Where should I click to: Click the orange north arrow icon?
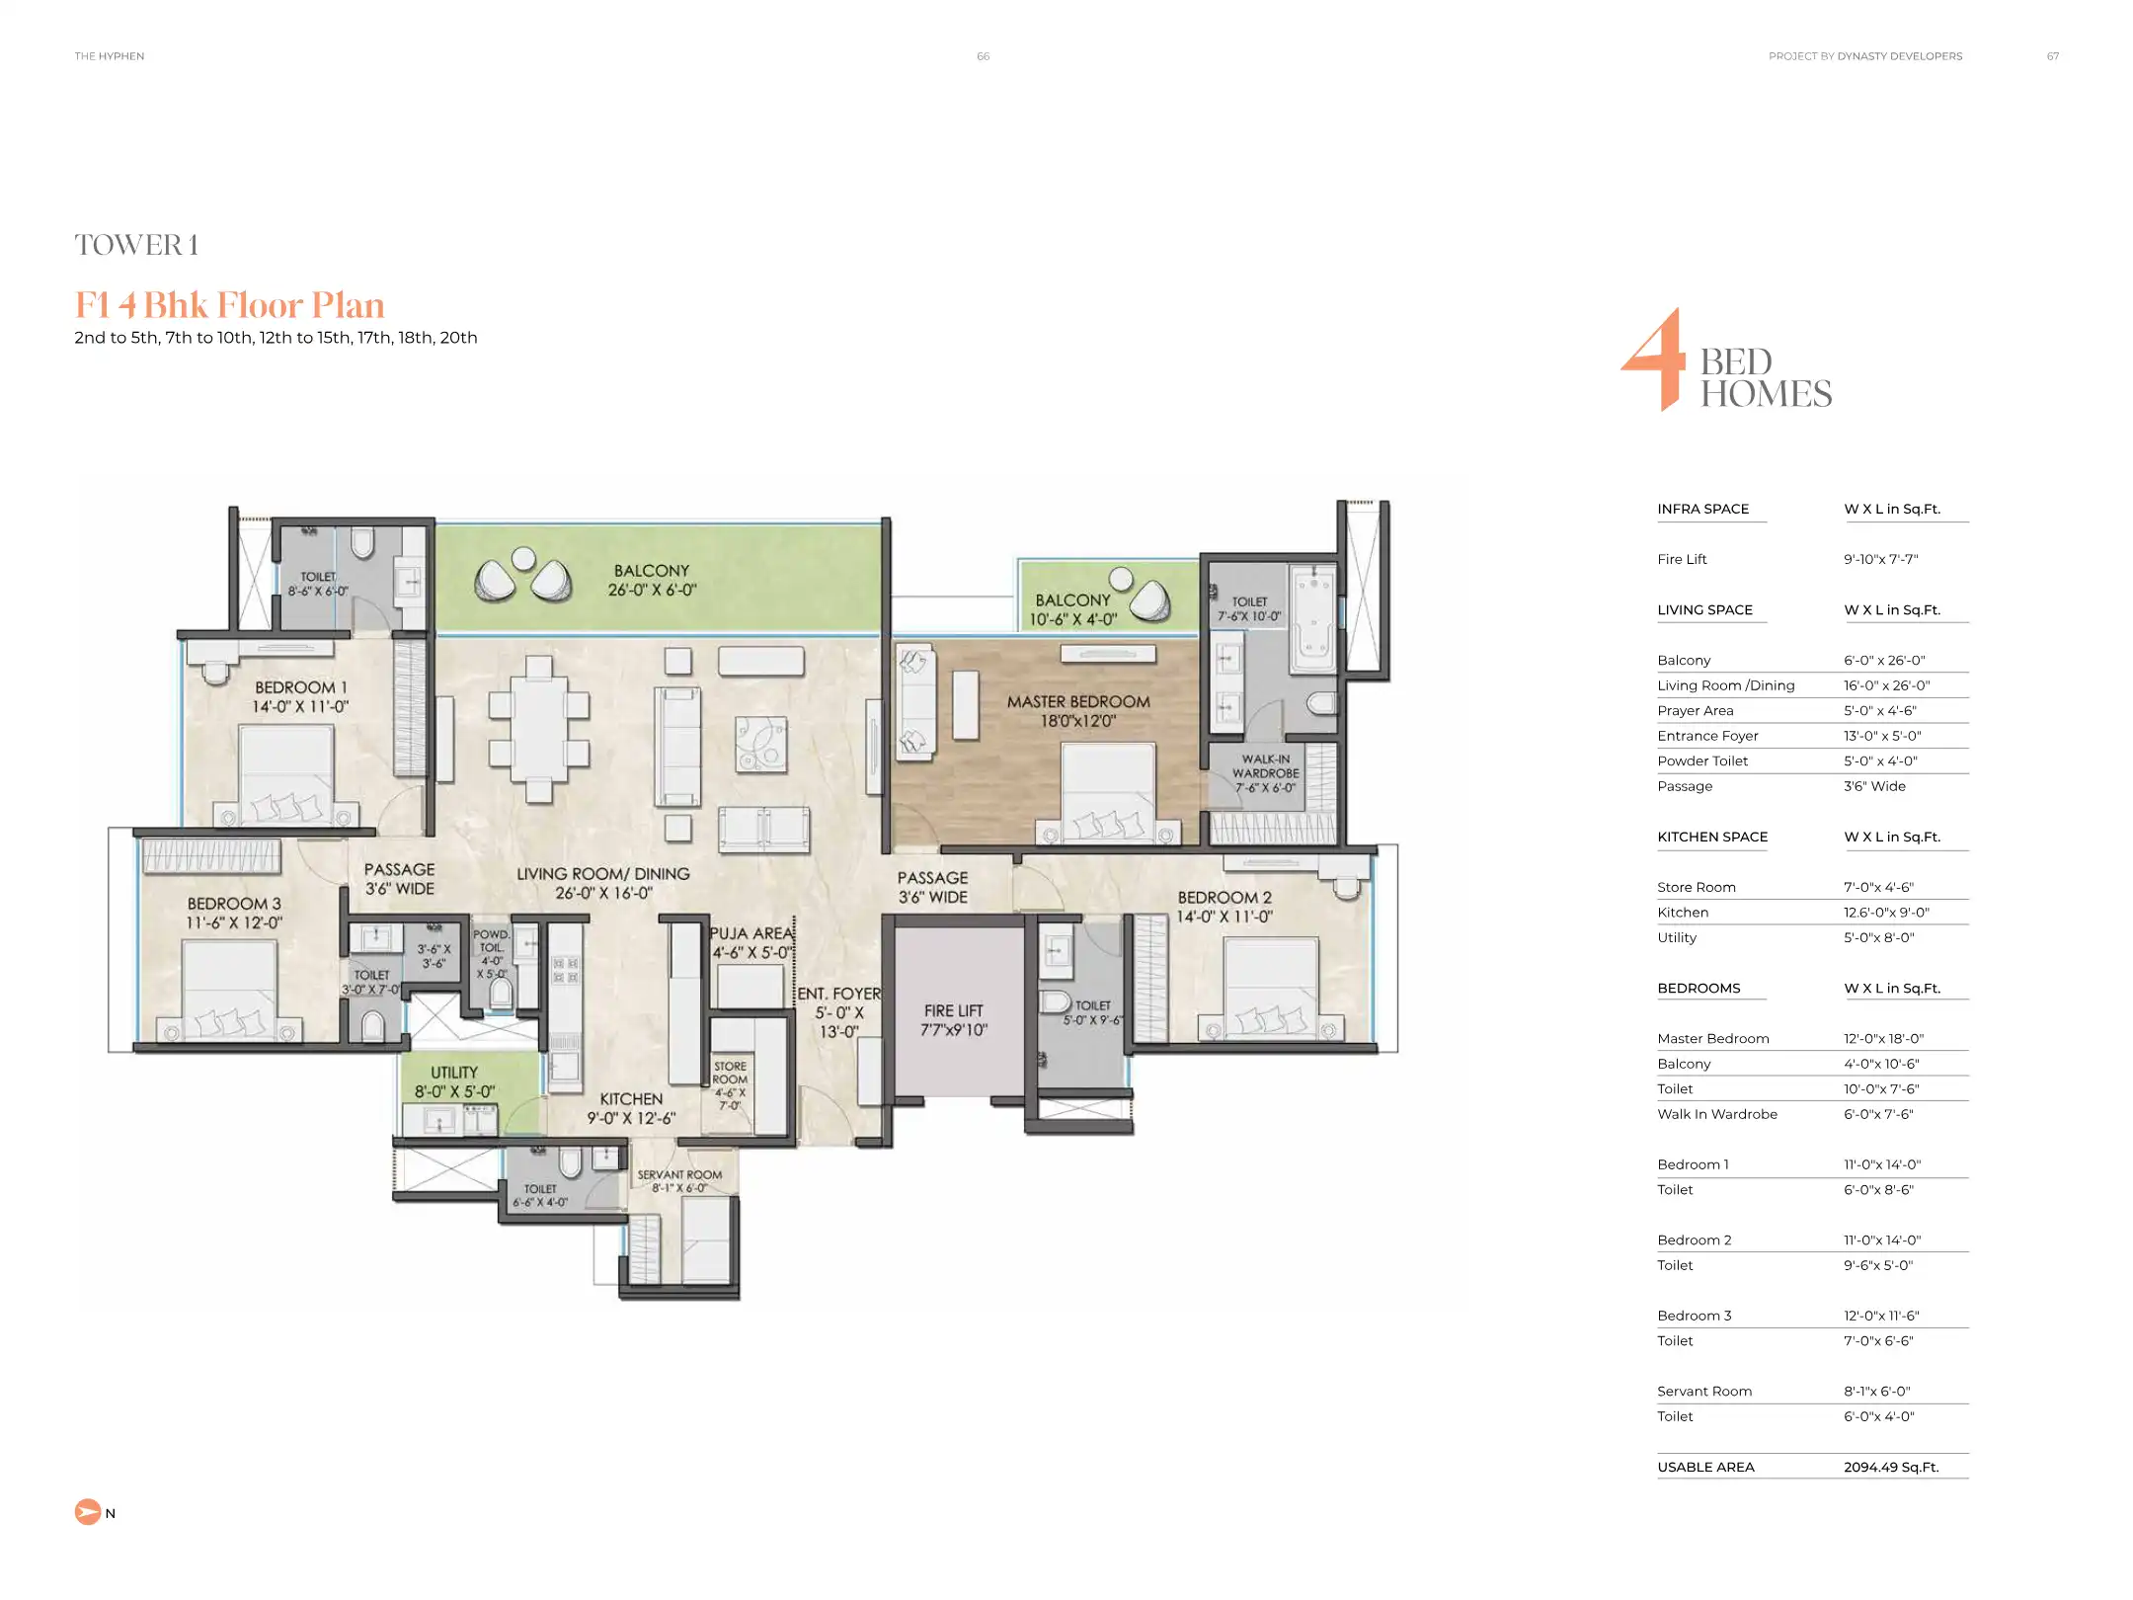tap(88, 1512)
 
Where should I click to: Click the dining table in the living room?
tap(538, 729)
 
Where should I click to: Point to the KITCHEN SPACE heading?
tap(1711, 837)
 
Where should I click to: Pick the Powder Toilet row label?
tap(1701, 760)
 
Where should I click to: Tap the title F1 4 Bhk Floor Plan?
tap(229, 305)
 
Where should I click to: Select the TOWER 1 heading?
tap(136, 245)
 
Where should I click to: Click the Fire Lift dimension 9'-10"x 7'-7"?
tap(1880, 559)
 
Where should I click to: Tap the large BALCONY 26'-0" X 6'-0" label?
tap(652, 580)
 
